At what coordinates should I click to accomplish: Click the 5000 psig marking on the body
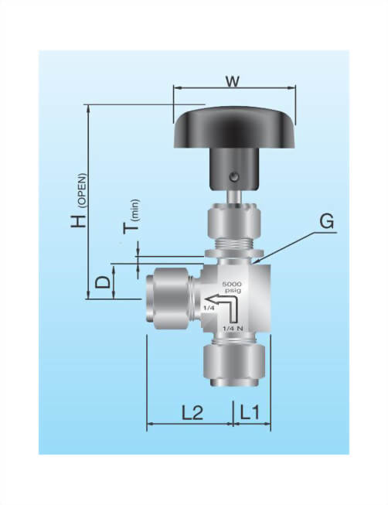pos(232,288)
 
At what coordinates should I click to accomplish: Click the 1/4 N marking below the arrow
pos(233,329)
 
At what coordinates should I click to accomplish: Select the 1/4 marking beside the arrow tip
pos(207,309)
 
